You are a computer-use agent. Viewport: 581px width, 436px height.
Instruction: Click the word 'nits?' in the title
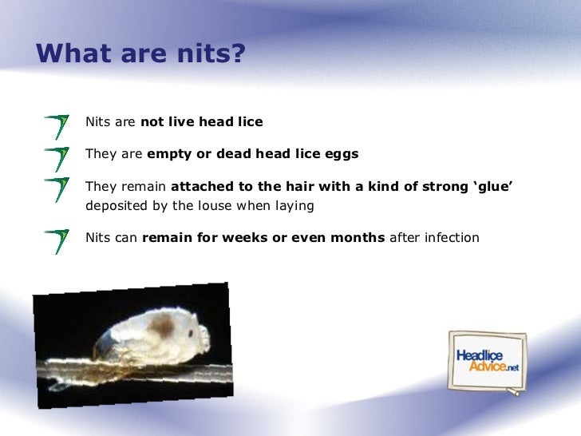coord(211,53)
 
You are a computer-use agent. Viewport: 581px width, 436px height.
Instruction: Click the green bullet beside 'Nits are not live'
coord(57,127)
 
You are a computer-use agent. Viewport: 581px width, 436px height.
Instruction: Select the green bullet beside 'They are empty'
coord(57,160)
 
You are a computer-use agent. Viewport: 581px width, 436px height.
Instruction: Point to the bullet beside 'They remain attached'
coord(57,190)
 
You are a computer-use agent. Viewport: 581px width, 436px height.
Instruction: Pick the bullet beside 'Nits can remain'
coord(57,242)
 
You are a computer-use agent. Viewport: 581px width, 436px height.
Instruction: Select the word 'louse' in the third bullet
coord(216,205)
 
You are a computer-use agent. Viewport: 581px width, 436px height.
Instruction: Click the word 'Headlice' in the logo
coord(480,355)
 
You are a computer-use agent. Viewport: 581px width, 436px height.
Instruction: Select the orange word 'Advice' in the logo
coord(487,367)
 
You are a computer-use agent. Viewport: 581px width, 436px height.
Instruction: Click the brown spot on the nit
coord(162,326)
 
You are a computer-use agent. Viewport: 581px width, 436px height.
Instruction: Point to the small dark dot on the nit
coord(191,333)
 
